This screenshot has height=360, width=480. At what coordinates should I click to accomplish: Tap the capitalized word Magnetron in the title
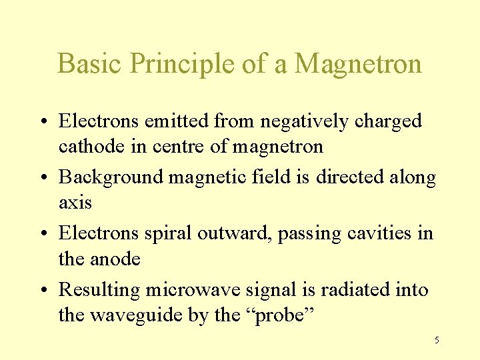358,64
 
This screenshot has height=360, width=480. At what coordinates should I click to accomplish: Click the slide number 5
437,341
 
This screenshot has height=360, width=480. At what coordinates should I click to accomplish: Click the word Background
111,177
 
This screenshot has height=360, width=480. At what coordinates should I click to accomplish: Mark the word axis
75,202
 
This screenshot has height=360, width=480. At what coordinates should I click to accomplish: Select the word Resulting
99,289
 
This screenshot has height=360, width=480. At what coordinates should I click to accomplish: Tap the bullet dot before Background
49,178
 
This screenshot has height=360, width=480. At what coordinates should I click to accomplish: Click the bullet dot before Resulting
49,290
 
